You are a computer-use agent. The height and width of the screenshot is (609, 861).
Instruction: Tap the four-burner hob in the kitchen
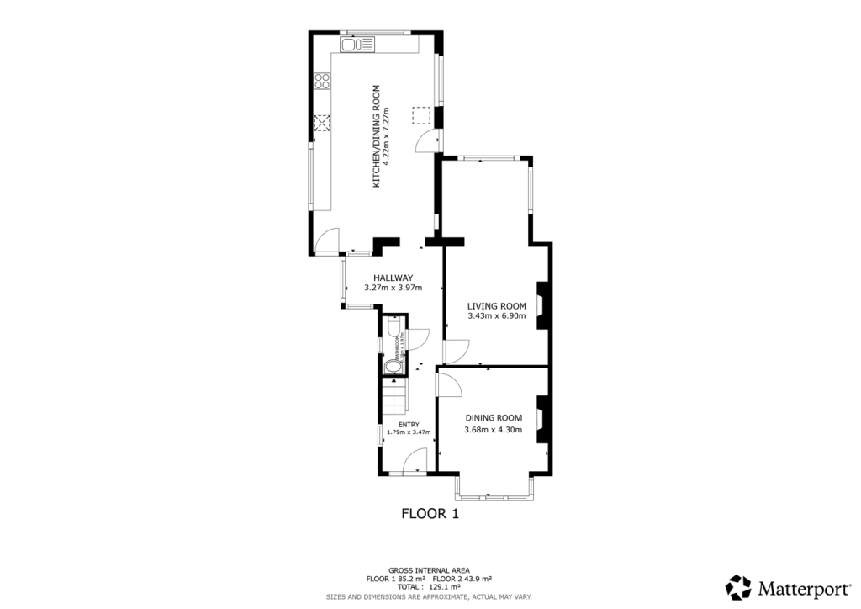[x=321, y=82]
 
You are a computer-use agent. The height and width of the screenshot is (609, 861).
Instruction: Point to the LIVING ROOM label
[x=496, y=305]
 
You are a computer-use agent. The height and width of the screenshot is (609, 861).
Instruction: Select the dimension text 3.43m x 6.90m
[x=496, y=316]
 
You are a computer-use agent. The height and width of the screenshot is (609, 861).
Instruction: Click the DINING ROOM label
[x=494, y=418]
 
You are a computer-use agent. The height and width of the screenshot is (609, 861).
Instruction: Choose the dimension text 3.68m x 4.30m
[x=494, y=430]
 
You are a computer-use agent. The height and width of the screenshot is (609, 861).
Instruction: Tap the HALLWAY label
[x=393, y=278]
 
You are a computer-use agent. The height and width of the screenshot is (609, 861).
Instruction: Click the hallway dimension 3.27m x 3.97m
[x=393, y=288]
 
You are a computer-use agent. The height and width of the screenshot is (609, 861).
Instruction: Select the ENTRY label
[x=408, y=424]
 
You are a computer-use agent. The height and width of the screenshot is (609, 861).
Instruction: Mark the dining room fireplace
[x=543, y=418]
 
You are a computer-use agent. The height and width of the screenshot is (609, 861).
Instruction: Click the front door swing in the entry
[x=415, y=461]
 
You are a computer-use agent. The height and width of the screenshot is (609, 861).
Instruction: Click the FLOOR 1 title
[x=430, y=512]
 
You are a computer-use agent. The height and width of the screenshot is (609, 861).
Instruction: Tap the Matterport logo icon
[x=737, y=585]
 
